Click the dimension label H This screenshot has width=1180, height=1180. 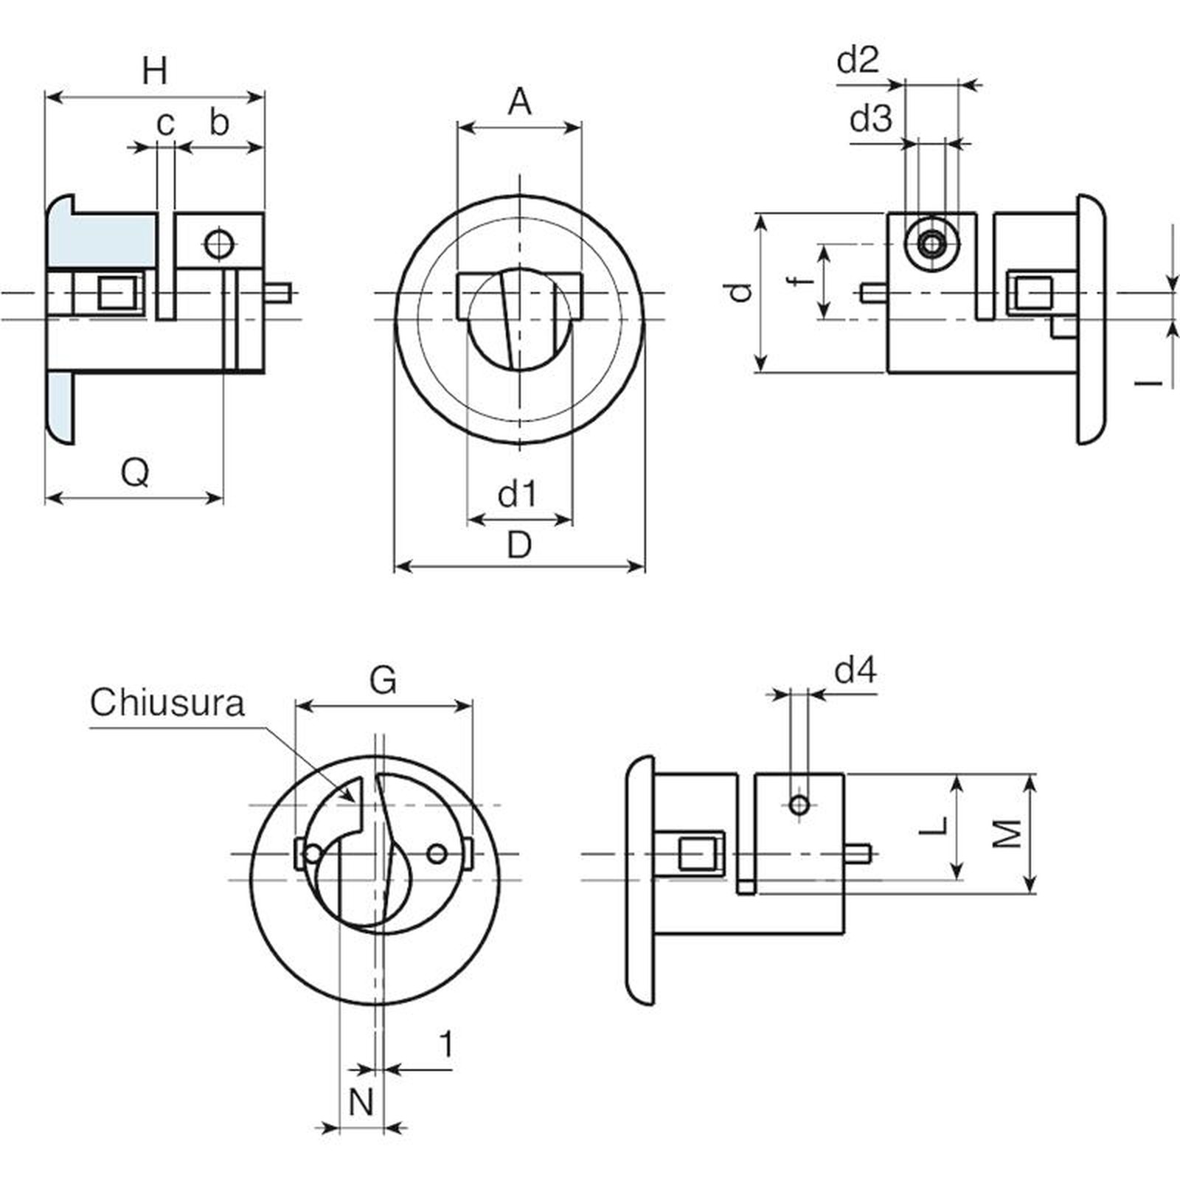click(x=155, y=72)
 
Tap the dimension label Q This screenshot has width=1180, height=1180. click(x=136, y=472)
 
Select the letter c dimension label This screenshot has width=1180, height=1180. click(x=166, y=124)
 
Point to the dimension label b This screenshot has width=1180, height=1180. click(x=219, y=122)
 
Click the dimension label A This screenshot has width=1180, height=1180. click(x=520, y=102)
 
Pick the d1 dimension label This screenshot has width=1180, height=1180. click(x=518, y=494)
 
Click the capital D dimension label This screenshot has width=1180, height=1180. click(x=520, y=546)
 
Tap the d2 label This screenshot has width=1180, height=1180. click(x=858, y=60)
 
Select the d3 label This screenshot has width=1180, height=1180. click(x=871, y=118)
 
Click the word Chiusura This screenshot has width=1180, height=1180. click(x=167, y=703)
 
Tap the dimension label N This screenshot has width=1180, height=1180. click(x=361, y=1103)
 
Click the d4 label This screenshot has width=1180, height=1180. click(x=855, y=671)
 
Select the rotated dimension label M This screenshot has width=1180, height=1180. click(x=1007, y=834)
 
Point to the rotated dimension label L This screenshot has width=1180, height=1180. click(x=935, y=826)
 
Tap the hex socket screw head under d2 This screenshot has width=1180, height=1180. click(x=933, y=243)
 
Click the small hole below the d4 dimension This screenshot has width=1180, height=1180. click(x=799, y=804)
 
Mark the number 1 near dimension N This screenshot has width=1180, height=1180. click(x=445, y=1044)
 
